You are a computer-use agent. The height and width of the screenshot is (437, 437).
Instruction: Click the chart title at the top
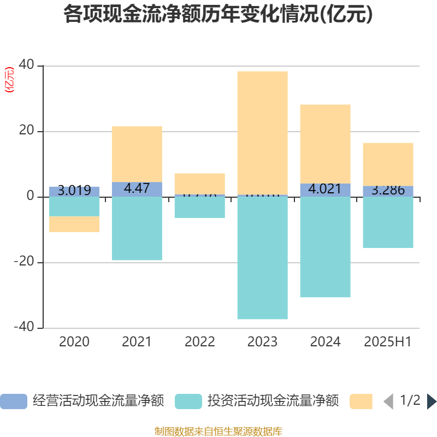tap(218, 14)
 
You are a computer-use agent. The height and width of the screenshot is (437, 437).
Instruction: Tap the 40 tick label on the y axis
tap(26, 66)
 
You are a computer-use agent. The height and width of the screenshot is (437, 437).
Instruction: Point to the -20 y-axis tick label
tap(23, 262)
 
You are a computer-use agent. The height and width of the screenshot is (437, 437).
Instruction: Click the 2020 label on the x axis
tap(74, 342)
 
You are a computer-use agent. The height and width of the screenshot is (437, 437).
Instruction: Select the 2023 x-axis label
tap(262, 342)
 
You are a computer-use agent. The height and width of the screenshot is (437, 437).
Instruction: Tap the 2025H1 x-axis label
tap(388, 342)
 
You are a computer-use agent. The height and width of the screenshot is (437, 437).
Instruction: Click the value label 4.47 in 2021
tap(137, 189)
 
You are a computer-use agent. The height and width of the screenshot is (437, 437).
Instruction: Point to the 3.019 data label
tap(74, 191)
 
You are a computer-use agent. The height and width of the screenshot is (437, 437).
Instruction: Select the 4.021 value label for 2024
tap(325, 189)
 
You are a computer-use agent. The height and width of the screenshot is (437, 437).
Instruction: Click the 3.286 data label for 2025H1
tap(388, 191)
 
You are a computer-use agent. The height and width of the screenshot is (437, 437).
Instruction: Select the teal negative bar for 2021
tap(137, 228)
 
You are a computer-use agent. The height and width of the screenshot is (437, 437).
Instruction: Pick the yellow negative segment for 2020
tap(74, 224)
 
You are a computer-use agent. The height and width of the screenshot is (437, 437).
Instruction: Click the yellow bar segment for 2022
tap(199, 183)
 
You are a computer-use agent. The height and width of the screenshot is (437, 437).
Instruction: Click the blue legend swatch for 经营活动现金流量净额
tap(13, 401)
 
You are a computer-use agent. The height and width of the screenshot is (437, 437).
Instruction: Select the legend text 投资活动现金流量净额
tap(273, 401)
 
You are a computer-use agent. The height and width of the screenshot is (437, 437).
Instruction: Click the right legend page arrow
tap(432, 401)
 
